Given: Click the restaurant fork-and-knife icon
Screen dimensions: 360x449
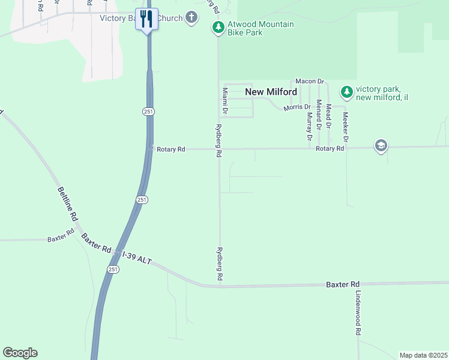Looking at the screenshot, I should point(146,19).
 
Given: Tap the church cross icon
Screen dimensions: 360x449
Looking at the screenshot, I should point(191,17).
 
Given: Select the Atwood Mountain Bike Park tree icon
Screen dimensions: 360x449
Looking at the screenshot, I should point(218,28).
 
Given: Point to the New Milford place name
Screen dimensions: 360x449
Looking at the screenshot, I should point(271,92).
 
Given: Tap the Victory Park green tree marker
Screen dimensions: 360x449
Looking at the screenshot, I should point(346,92).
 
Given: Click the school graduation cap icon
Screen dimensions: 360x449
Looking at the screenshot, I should point(381,146).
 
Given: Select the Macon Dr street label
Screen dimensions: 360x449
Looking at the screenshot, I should point(309,81).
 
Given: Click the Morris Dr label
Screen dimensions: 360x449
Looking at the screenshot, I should point(297,107).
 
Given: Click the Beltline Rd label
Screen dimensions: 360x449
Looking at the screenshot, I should point(67,203).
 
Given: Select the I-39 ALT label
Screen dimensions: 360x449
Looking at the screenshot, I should point(137,257).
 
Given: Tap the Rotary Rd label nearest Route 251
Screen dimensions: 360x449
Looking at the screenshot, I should point(171,149).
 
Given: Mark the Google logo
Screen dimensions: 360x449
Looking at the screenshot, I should point(20,353).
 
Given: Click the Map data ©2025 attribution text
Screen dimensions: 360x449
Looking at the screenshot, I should point(423,355).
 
